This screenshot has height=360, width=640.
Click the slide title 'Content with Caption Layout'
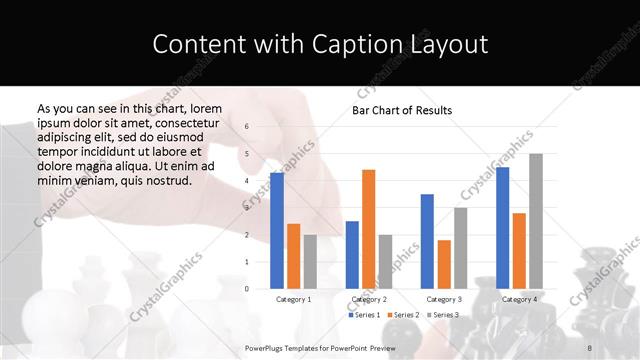[320, 44]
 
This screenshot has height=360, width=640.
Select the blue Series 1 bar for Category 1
[276, 230]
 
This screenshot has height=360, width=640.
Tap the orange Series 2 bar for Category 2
[368, 229]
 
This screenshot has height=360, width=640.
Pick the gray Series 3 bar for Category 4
[536, 221]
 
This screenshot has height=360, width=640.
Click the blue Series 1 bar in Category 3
[427, 241]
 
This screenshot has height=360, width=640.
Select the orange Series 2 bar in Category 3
[444, 264]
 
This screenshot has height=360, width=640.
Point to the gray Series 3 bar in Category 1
[310, 261]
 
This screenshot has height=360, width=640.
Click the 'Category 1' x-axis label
[293, 300]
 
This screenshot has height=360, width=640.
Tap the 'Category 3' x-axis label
[444, 300]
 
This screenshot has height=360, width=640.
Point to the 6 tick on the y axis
[247, 127]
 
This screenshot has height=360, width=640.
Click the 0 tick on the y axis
[247, 289]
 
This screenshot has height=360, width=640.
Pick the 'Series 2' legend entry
[403, 315]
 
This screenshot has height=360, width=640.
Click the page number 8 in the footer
[589, 347]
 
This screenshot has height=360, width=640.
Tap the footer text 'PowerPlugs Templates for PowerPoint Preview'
[320, 347]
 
